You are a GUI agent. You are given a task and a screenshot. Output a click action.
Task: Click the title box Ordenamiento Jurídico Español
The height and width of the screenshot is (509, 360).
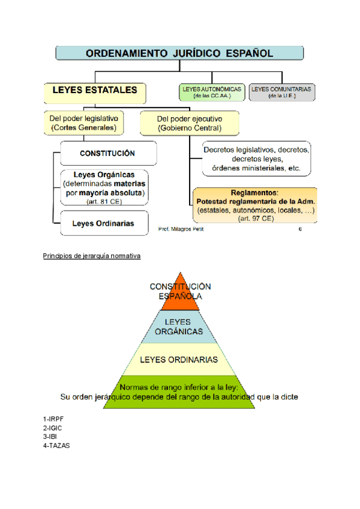179,53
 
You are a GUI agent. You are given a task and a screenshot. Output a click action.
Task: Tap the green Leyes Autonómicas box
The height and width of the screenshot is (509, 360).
212,92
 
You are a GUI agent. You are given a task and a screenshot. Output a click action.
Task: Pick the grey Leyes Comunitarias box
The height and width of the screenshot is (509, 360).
281,92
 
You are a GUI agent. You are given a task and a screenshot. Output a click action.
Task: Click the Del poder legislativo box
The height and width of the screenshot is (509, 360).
84,122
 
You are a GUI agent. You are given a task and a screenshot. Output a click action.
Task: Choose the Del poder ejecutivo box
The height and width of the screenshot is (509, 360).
190,122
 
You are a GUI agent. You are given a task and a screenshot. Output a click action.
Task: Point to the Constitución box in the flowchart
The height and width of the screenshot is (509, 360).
108,153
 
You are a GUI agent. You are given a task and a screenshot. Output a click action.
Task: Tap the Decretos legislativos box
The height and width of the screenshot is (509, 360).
256,159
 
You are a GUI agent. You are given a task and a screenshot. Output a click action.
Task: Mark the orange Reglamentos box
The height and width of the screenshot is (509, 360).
256,205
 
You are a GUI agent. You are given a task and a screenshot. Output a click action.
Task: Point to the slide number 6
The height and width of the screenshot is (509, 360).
300,229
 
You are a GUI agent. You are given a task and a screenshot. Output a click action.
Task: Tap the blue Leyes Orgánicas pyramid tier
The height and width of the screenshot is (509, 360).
179,327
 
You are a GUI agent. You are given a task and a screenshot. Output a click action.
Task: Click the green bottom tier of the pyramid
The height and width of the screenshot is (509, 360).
179,393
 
